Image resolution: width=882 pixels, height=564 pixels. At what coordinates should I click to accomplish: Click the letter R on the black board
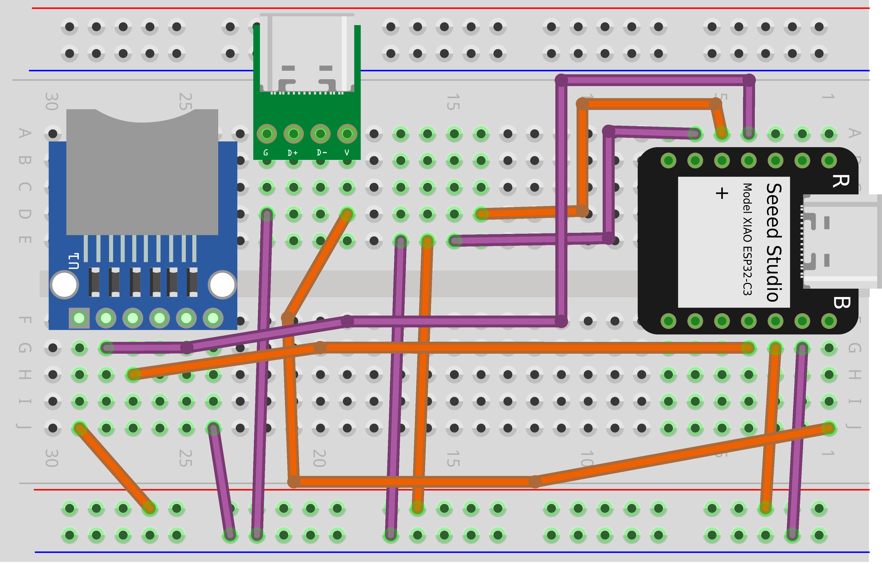pos(840,181)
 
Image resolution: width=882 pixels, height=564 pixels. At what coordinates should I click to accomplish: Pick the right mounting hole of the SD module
pos(222,285)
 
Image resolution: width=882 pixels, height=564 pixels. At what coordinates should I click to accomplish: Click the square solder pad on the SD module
pos(79,318)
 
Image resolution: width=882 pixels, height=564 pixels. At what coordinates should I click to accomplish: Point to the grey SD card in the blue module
pos(142,172)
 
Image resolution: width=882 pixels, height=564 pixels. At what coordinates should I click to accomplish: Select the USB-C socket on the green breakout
pos(307,53)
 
